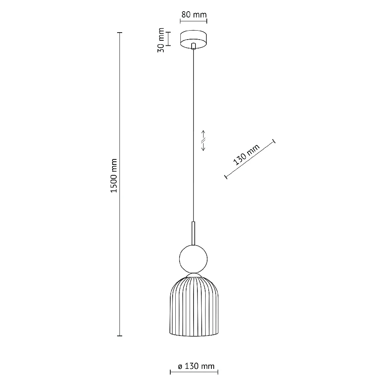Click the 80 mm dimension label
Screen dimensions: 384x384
[194, 15]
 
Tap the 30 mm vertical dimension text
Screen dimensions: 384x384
[161, 40]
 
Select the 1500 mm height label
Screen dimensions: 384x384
[114, 176]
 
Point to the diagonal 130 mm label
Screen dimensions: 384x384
[246, 155]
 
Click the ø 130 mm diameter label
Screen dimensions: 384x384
[196, 366]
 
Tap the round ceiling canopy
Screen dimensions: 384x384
[194, 39]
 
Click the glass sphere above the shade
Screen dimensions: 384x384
[193, 259]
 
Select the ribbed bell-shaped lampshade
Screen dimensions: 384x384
[194, 306]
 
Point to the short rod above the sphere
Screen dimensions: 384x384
[194, 234]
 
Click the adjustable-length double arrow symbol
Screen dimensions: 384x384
[203, 140]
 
